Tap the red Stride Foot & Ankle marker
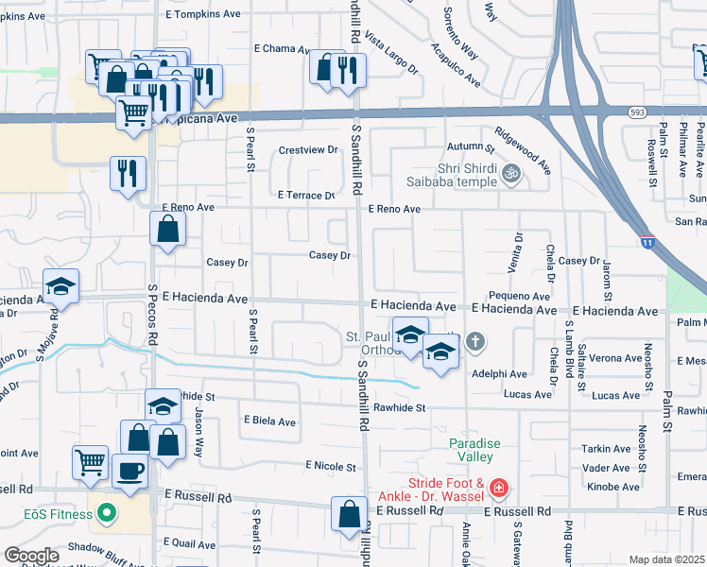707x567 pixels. coord(498,489)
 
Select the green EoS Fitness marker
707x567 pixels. coord(106,514)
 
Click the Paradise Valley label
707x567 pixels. coord(474,450)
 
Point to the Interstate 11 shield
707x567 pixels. coord(647,242)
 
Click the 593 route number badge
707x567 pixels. coord(635,112)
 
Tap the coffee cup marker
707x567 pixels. coord(130,470)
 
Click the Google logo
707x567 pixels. coord(31,556)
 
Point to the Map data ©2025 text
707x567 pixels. coord(666,559)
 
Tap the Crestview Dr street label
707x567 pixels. coord(307,149)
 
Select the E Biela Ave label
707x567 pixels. coord(269,421)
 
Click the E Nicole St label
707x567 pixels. coord(331,466)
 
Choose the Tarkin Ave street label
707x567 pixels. coord(607,449)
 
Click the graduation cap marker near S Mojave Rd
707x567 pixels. coord(60,286)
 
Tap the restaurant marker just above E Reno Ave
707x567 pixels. coord(128,173)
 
